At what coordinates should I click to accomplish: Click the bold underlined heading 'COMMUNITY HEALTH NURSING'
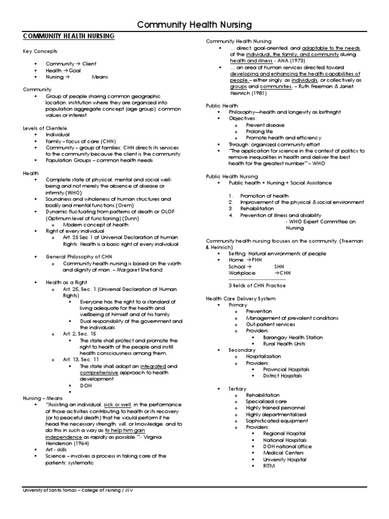(x=69, y=36)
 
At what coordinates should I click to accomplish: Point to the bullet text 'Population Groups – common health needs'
(x=99, y=160)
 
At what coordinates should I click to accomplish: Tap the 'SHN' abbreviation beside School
(x=280, y=266)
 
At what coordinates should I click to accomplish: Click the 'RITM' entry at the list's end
(x=268, y=466)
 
